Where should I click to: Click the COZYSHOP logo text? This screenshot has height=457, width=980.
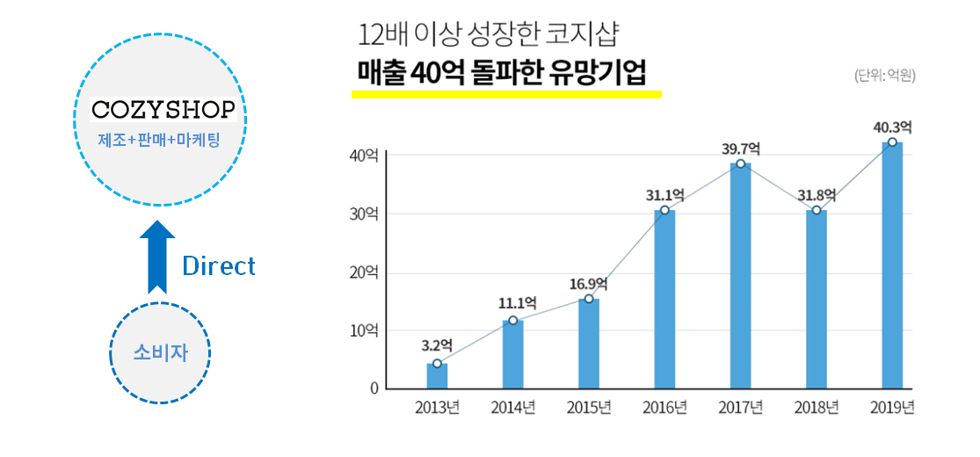tap(163, 110)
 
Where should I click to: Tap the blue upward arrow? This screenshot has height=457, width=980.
tap(157, 256)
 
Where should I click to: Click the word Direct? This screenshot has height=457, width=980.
tap(219, 266)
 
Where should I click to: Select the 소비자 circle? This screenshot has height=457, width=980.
tap(160, 352)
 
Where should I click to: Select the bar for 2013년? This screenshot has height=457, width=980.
tap(437, 375)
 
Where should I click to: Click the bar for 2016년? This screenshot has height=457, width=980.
tap(664, 299)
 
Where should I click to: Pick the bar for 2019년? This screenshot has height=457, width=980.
tap(892, 265)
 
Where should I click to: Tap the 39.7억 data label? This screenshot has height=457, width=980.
tap(741, 149)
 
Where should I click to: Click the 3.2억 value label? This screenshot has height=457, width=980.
tap(437, 345)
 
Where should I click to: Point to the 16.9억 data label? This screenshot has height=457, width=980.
tap(588, 283)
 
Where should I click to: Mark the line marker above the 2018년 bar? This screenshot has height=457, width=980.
tap(817, 210)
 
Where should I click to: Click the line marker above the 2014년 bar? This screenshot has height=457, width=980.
tap(513, 320)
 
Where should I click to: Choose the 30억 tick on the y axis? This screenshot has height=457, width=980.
tap(364, 214)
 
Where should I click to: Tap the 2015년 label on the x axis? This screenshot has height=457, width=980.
tap(588, 408)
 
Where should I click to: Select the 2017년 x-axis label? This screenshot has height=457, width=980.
tap(740, 408)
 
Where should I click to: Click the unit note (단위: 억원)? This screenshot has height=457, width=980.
tap(884, 76)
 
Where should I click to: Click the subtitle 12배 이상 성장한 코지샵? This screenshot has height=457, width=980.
tap(489, 36)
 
